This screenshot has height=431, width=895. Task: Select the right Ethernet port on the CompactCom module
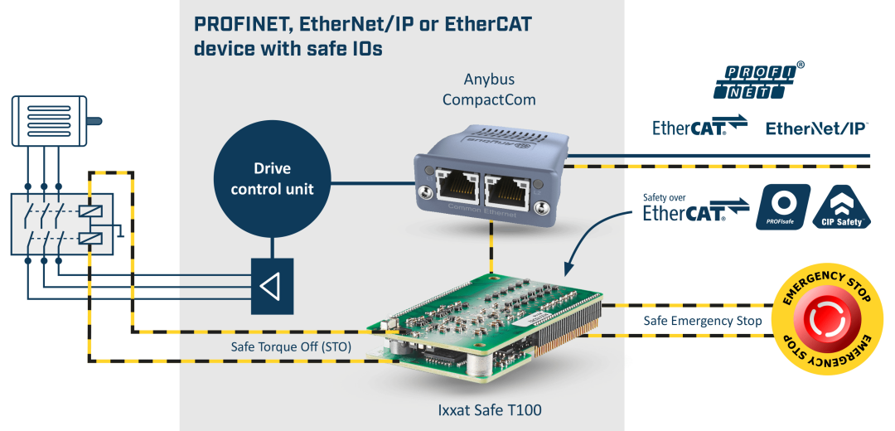click(x=506, y=192)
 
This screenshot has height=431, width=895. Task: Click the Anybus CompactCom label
click(x=489, y=90)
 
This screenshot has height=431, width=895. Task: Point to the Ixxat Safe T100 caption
click(x=491, y=409)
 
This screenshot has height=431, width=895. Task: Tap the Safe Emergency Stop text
click(x=703, y=321)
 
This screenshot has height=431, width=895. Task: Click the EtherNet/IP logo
click(x=817, y=128)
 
